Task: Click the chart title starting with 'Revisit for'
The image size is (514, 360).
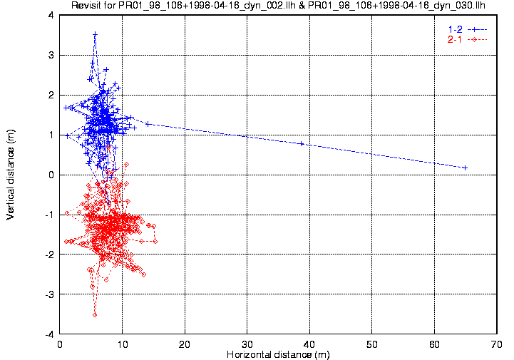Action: [x=278, y=6]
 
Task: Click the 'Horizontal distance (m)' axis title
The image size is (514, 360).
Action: [x=278, y=354]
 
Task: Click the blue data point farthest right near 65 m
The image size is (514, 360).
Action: [x=466, y=168]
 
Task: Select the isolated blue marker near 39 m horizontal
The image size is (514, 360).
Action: [x=302, y=143]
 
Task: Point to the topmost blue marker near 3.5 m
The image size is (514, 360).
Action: [x=95, y=34]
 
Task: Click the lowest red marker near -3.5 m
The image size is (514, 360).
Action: [x=95, y=314]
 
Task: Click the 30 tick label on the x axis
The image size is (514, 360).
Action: [x=247, y=344]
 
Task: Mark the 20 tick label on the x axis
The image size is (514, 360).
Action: [x=185, y=344]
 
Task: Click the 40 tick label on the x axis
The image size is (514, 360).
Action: [x=309, y=344]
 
